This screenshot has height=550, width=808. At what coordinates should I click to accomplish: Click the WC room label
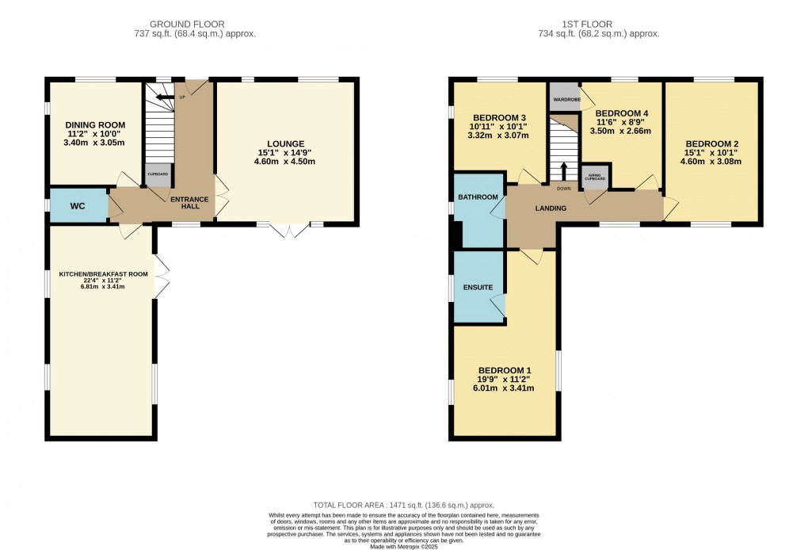pos(78,206)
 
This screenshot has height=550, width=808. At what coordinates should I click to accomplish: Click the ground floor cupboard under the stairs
pos(157,175)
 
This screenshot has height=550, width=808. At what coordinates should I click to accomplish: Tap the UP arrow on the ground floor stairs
pos(165,97)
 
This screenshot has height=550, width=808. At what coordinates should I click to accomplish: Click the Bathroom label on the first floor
pos(478,197)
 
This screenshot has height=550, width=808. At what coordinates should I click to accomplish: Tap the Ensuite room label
pos(478,287)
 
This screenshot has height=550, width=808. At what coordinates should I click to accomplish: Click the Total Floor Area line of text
pos(404,504)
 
